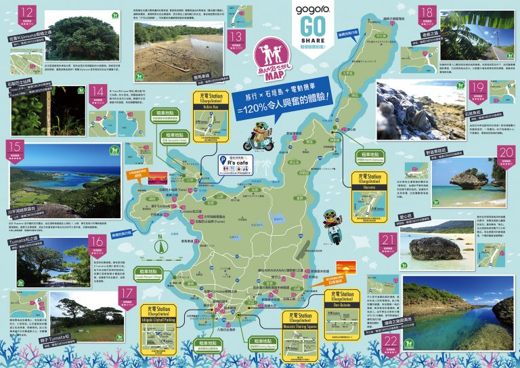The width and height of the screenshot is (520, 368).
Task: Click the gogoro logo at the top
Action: [x=312, y=12]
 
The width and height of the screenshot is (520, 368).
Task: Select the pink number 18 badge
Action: [x=427, y=13]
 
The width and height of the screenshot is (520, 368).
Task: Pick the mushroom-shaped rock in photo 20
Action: [x=465, y=179]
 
